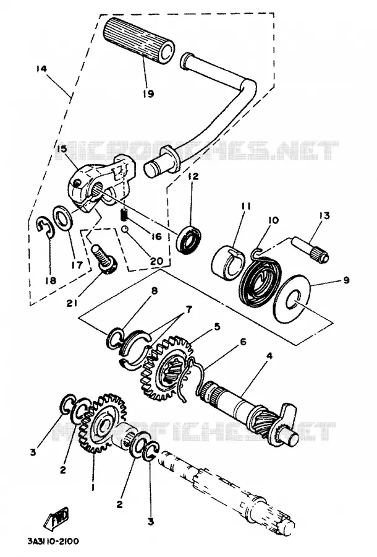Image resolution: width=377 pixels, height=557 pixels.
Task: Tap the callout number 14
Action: click(x=41, y=68)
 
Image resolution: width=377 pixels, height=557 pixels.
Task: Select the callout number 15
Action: click(x=61, y=149)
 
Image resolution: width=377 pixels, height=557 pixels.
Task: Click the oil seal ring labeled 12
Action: click(x=189, y=238)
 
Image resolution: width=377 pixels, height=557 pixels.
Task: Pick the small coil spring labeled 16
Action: click(x=124, y=215)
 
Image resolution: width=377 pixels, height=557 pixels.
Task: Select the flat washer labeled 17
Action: click(x=63, y=218)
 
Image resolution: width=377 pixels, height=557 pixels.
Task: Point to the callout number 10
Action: click(x=273, y=220)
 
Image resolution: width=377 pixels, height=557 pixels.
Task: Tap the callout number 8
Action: click(x=154, y=291)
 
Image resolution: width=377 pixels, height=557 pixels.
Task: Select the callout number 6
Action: click(x=243, y=342)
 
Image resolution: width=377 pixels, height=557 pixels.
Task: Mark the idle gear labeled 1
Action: click(x=103, y=423)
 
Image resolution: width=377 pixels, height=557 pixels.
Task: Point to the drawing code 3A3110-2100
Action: click(x=53, y=542)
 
